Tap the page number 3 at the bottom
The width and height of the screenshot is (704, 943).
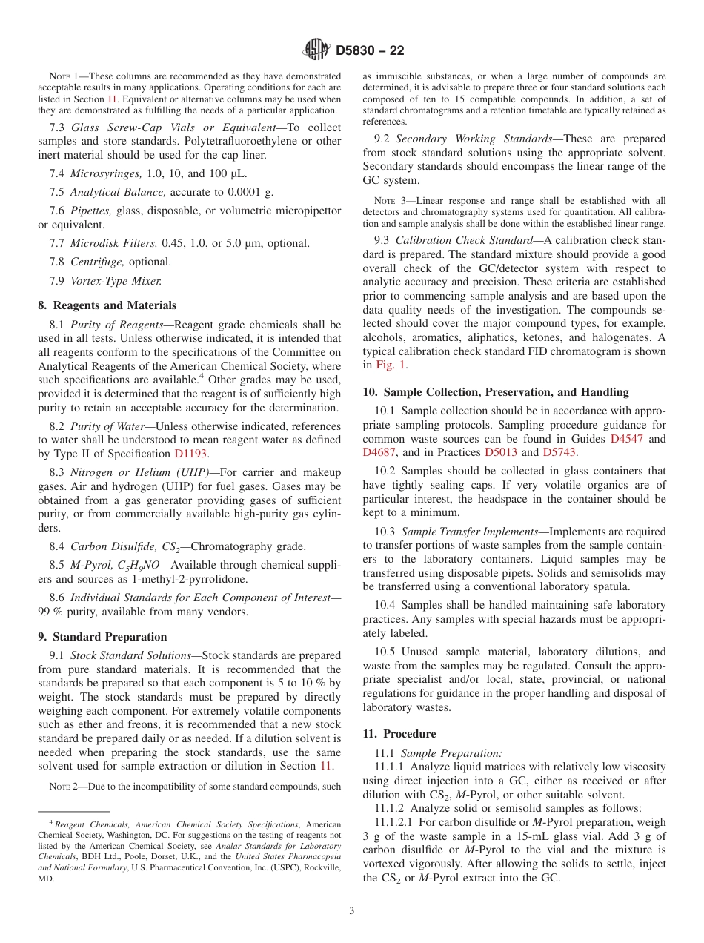[x=352, y=910]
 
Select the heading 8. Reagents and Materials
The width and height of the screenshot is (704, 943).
[x=107, y=305]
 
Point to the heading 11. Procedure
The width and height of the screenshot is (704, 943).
[x=399, y=734]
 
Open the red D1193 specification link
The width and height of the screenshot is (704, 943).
[x=191, y=454]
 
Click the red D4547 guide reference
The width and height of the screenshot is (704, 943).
[x=627, y=439]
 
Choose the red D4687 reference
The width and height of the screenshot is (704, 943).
[x=380, y=452]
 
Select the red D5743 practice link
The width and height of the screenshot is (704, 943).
[x=559, y=452]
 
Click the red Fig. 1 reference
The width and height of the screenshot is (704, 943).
[x=391, y=365]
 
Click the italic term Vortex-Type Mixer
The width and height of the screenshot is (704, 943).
[x=116, y=280]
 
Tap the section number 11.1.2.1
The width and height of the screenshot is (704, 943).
[x=396, y=822]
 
